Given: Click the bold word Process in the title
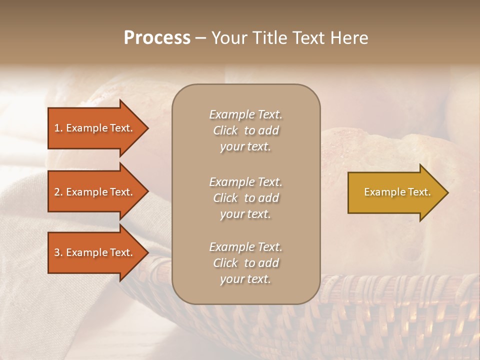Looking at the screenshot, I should [157, 38].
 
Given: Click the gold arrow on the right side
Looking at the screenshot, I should [395, 192].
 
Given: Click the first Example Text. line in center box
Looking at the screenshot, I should [245, 114].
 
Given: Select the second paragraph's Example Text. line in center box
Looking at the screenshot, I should [245, 182].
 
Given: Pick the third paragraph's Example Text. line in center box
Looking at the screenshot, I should [245, 247].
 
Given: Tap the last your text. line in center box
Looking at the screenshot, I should [245, 279].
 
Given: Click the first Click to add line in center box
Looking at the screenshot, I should [245, 130].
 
